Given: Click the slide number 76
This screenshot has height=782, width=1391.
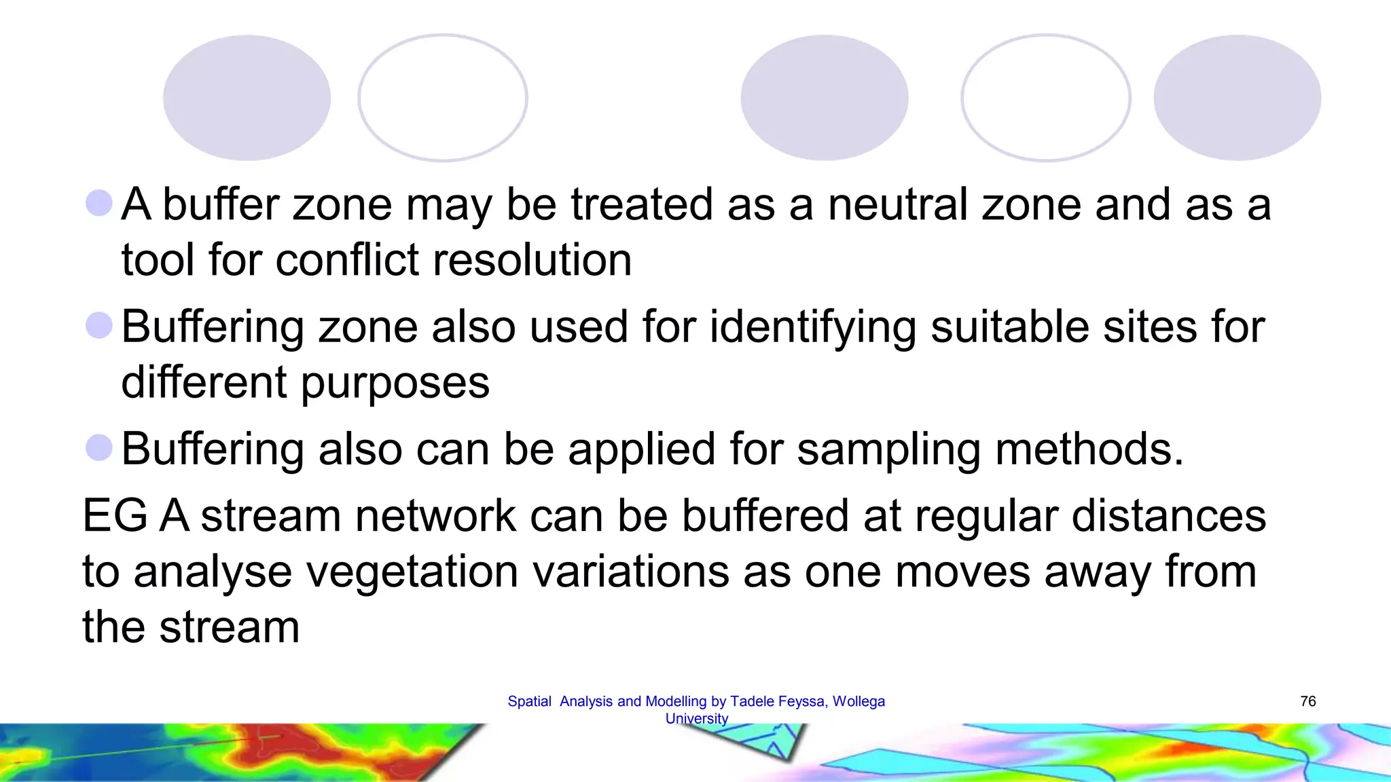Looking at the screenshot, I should click(x=1307, y=701).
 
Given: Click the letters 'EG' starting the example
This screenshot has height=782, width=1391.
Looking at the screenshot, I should click(x=115, y=516).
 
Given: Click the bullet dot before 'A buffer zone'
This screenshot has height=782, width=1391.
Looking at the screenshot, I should click(x=99, y=203).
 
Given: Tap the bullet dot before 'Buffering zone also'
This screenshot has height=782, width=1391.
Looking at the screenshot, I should click(x=99, y=325).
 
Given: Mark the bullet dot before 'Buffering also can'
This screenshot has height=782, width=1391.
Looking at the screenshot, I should click(x=99, y=447).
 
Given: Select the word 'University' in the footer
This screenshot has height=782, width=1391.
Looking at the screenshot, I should click(x=696, y=718).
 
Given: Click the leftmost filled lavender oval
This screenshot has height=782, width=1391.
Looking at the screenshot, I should click(x=247, y=98).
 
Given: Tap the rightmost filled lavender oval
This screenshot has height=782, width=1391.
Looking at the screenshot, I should click(x=1237, y=98).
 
